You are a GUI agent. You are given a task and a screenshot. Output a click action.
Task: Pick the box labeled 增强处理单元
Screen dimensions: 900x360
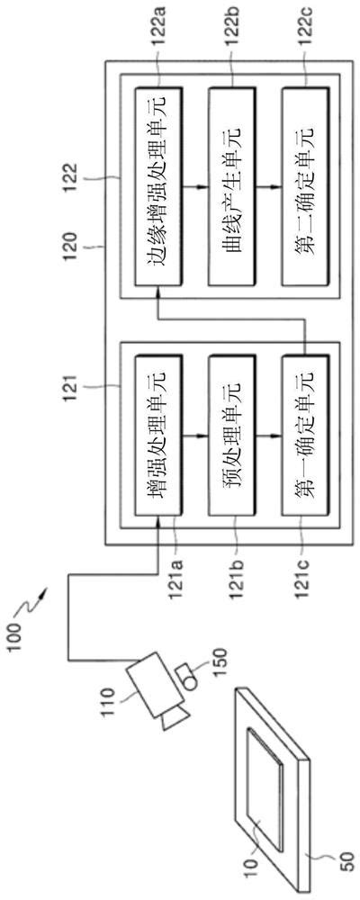click(158, 436)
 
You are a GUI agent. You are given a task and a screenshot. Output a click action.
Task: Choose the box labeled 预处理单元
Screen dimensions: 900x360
click(232, 436)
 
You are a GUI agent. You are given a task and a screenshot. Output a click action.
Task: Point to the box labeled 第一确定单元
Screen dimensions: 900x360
click(306, 436)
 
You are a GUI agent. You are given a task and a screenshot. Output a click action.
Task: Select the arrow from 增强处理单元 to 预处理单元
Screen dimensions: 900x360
click(195, 436)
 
